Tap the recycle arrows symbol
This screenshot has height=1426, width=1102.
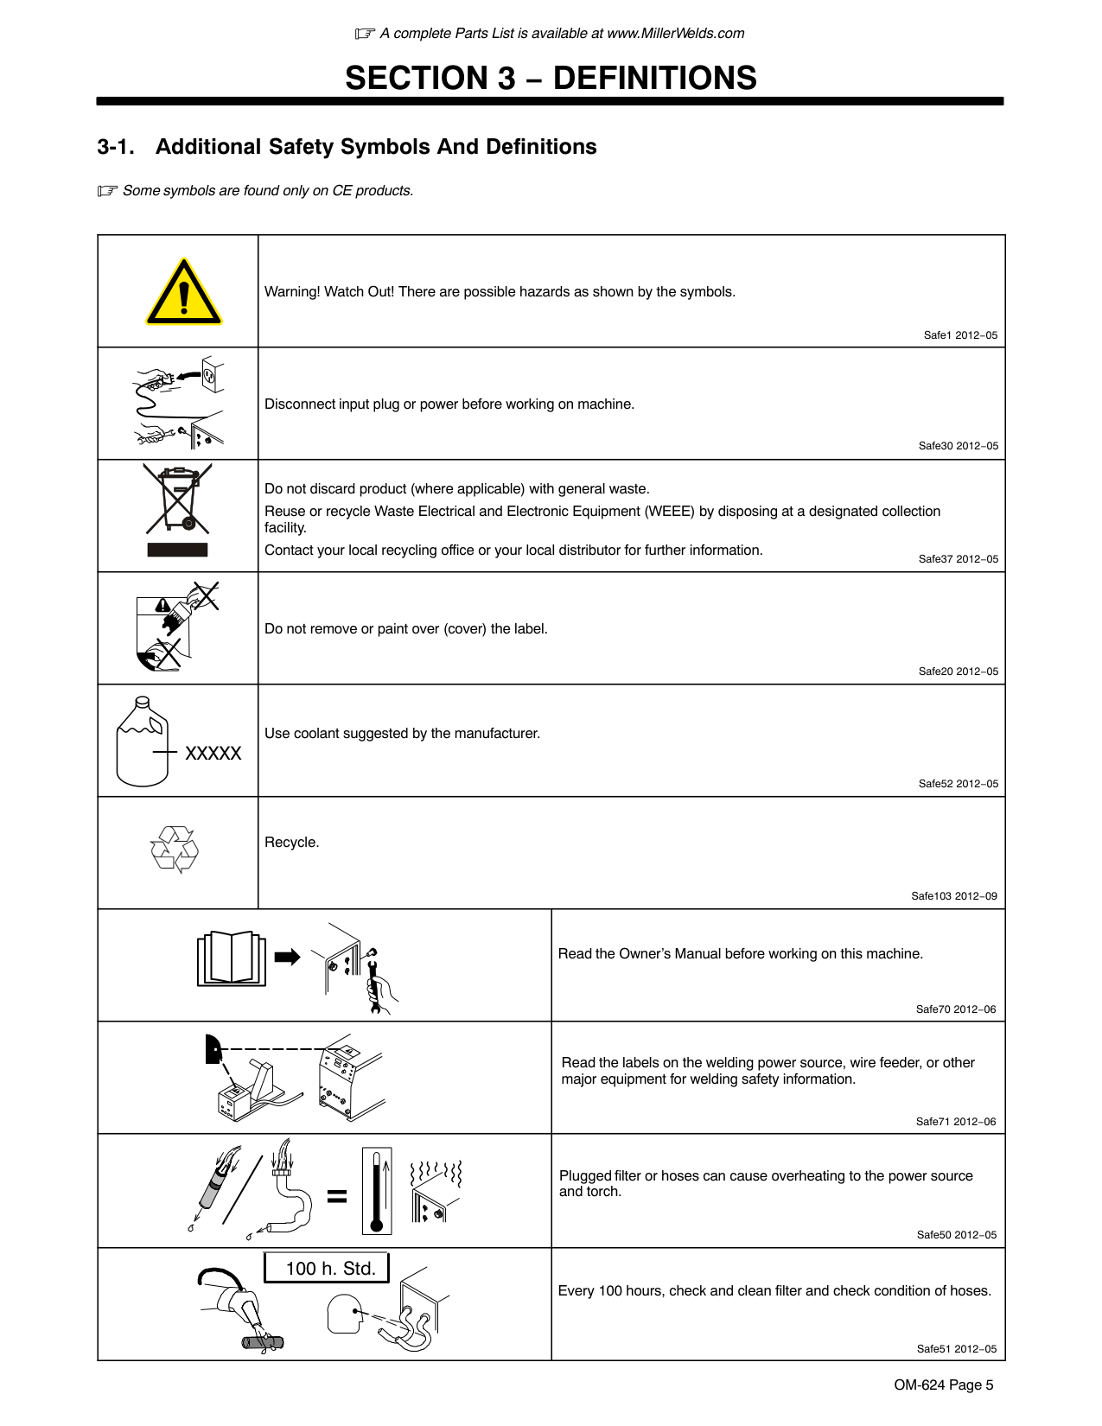tap(175, 849)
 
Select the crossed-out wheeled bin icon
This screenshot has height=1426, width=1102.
tap(178, 500)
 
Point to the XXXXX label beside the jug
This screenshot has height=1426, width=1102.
tap(213, 754)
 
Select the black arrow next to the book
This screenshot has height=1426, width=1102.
tap(287, 957)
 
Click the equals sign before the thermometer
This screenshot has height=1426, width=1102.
tap(337, 1196)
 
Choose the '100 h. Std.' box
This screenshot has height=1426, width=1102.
tap(327, 1268)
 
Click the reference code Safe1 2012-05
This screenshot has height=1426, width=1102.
tap(960, 335)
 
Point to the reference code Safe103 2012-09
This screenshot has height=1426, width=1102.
tap(954, 896)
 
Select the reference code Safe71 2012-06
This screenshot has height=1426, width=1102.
tap(956, 1122)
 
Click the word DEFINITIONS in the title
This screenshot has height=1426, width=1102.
tap(654, 78)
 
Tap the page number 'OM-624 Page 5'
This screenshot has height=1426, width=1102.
tap(944, 1385)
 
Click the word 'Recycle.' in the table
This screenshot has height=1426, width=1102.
tap(291, 843)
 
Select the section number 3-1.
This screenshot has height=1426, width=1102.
tap(116, 147)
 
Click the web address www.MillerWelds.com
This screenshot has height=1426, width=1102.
tap(675, 34)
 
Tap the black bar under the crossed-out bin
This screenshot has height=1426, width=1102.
tap(177, 550)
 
